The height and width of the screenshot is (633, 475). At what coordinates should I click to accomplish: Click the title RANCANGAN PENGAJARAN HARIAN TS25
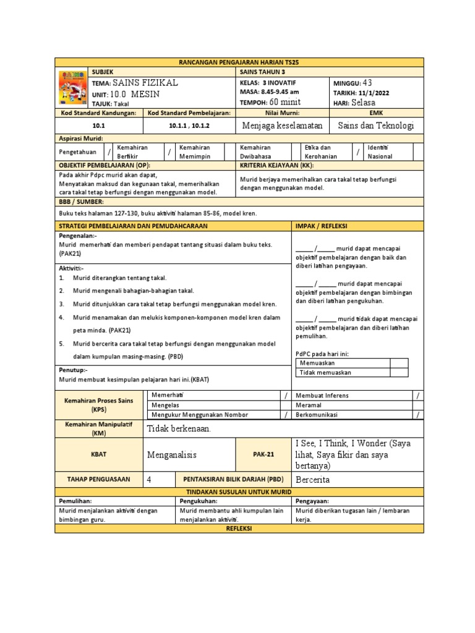(x=239, y=62)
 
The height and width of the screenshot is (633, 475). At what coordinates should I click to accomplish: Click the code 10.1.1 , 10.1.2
(x=189, y=125)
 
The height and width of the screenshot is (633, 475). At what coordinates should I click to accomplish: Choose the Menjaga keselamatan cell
(x=283, y=125)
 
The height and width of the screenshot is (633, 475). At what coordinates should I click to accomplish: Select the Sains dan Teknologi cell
(x=376, y=125)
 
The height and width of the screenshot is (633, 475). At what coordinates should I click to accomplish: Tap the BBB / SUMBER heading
(x=81, y=202)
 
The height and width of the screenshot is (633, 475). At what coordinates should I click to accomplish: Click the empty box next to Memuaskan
(x=399, y=363)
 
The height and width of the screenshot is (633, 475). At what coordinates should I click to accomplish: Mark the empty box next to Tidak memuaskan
(x=399, y=373)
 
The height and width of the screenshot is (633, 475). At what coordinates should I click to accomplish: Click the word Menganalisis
(x=171, y=455)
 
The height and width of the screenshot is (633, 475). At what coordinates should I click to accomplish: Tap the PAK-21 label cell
(x=263, y=454)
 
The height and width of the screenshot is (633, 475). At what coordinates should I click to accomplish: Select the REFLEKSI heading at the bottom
(x=239, y=529)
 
